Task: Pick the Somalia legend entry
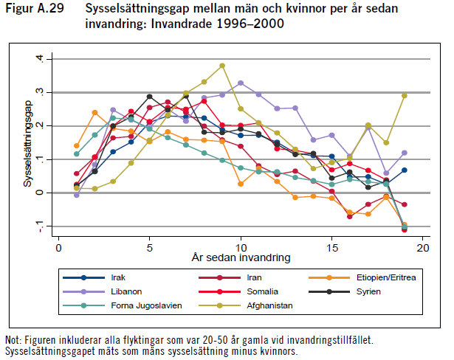click(x=255, y=291)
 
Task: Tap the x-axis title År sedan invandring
click(x=241, y=258)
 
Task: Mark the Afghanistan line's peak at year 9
click(x=222, y=66)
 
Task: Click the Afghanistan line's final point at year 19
click(x=405, y=96)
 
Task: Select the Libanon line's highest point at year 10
click(x=241, y=83)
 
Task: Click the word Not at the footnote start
click(x=12, y=339)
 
